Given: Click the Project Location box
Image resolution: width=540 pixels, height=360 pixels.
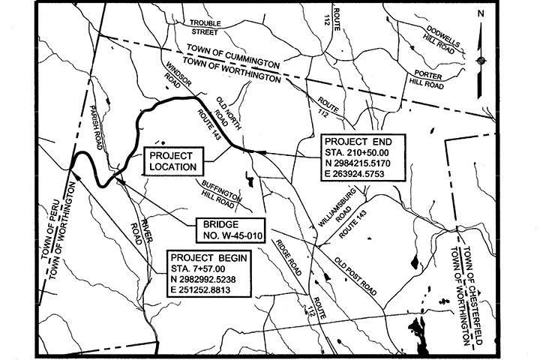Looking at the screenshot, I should (x=173, y=160).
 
